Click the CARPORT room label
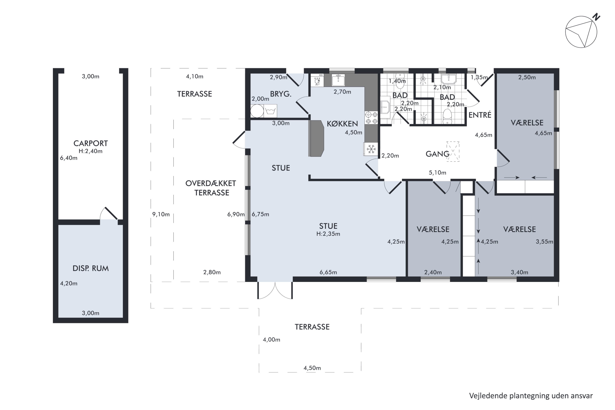click(x=90, y=143)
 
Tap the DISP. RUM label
click(x=90, y=268)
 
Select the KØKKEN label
click(x=342, y=123)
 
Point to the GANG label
click(x=437, y=154)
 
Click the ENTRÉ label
click(x=480, y=115)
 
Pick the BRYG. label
click(x=281, y=94)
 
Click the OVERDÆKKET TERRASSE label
click(x=211, y=188)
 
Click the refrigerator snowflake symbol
click(x=371, y=149)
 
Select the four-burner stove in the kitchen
click(x=371, y=118)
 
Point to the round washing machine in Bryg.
click(x=257, y=111)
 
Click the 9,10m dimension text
click(x=161, y=214)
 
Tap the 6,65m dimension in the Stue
click(x=328, y=272)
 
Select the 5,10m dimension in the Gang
click(x=437, y=173)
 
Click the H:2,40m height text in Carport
click(x=90, y=151)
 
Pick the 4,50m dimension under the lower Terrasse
click(x=312, y=368)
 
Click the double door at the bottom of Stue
click(x=275, y=290)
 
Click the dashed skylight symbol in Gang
click(x=453, y=151)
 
